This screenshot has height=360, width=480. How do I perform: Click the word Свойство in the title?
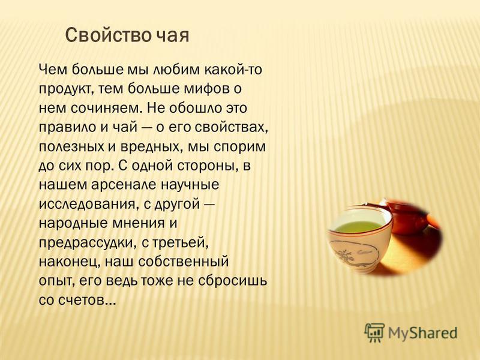coord(108,35)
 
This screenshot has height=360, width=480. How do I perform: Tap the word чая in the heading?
coord(173,35)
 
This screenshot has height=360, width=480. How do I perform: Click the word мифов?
coord(206,89)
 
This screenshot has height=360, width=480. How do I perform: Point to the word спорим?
coord(239,146)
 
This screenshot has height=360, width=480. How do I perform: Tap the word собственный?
coord(184,262)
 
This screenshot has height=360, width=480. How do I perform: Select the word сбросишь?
coord(233,281)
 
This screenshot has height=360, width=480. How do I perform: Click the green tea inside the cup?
coord(357,227)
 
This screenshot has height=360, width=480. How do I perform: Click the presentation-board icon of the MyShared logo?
coord(374,332)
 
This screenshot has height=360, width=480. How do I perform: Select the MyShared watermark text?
coord(423,333)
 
